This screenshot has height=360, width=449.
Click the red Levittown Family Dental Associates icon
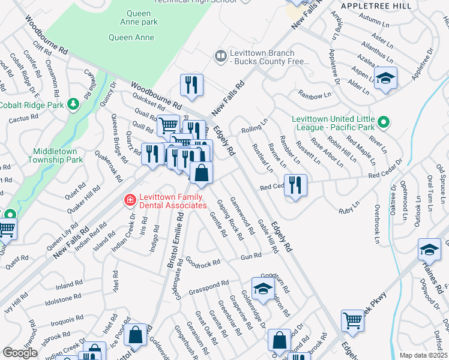(128, 200)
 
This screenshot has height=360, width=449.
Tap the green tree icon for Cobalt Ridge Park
(74, 104)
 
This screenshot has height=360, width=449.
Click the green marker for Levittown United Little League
(385, 123)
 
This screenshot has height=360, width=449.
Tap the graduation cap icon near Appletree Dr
(385, 78)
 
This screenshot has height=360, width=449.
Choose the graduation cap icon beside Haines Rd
(430, 250)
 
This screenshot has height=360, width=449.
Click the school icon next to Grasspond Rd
(263, 289)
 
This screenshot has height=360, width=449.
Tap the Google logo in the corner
(20, 353)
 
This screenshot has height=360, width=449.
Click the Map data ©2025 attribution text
(423, 355)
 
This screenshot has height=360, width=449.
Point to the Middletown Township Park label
(58, 156)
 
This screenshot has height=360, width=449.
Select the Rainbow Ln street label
(314, 94)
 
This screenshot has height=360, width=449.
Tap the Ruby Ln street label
(348, 211)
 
